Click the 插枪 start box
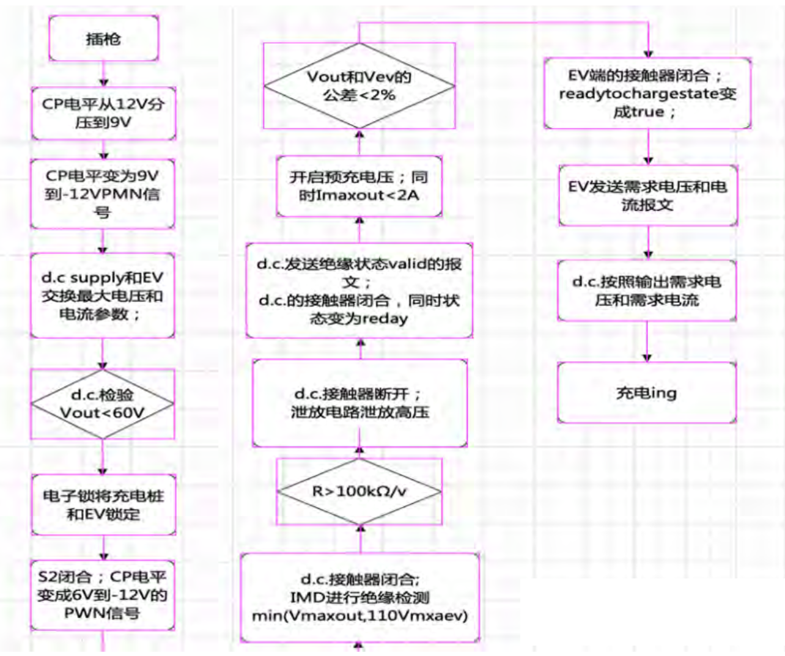[x=103, y=38]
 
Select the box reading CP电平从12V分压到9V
[x=103, y=113]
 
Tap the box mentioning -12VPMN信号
[x=103, y=194]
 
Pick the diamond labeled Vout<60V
[x=103, y=404]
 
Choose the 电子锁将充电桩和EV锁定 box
[x=103, y=505]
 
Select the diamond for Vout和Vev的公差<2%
[x=359, y=86]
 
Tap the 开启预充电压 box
[x=359, y=186]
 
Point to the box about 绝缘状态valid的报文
[x=359, y=291]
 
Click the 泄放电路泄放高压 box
[x=359, y=403]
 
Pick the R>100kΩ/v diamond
[x=359, y=491]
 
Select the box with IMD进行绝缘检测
[x=359, y=597]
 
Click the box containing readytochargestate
[x=647, y=93]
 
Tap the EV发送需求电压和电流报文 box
[x=648, y=195]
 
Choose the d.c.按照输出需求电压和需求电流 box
[x=647, y=291]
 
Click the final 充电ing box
[x=647, y=393]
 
